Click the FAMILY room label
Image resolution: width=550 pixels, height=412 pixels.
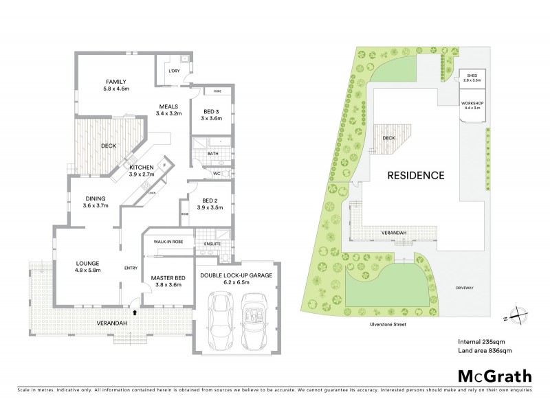pyautogui.click(x=116, y=82)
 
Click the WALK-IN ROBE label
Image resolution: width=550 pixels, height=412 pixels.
pyautogui.click(x=167, y=242)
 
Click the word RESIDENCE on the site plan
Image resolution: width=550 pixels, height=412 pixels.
pyautogui.click(x=415, y=175)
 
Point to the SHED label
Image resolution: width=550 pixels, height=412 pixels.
pyautogui.click(x=472, y=76)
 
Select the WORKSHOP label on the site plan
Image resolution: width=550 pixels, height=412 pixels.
pyautogui.click(x=472, y=103)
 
